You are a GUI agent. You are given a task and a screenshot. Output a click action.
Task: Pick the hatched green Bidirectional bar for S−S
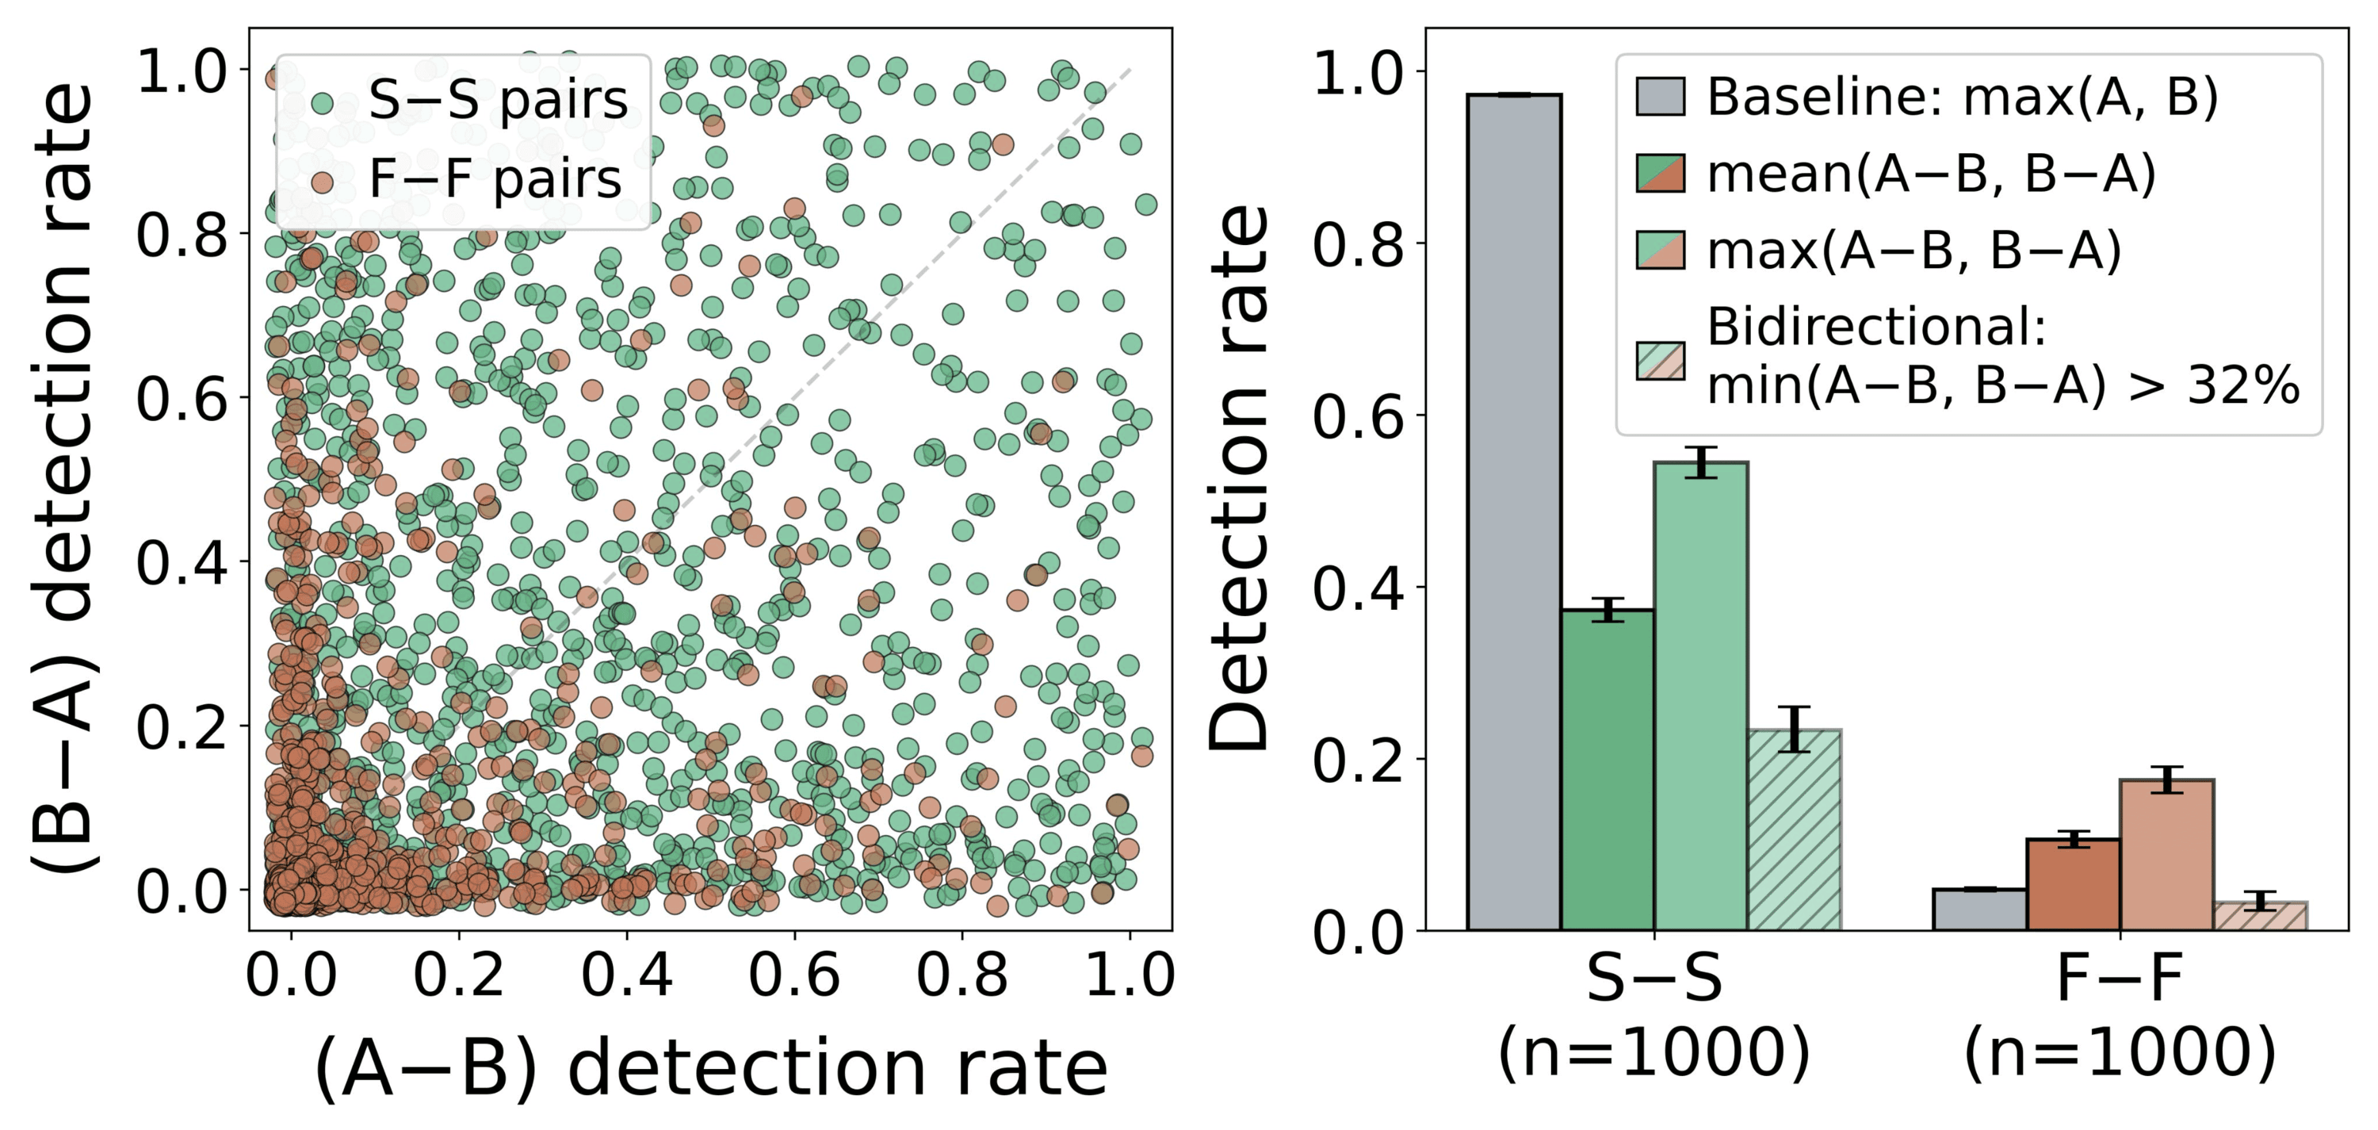pyautogui.click(x=1794, y=830)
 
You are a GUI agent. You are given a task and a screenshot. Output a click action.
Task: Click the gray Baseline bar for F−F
pyautogui.click(x=1980, y=910)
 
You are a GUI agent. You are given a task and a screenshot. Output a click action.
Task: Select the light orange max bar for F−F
pyautogui.click(x=2166, y=855)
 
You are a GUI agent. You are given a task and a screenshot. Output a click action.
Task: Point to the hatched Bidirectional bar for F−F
pyautogui.click(x=2260, y=916)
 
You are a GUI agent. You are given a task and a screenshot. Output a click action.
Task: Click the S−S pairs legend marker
pyautogui.click(x=322, y=102)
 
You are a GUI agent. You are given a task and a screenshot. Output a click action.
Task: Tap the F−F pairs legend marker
pyautogui.click(x=322, y=181)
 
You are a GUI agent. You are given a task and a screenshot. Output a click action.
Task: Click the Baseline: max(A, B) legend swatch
pyautogui.click(x=1660, y=96)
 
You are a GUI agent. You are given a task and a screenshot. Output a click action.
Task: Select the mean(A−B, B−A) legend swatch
pyautogui.click(x=1660, y=174)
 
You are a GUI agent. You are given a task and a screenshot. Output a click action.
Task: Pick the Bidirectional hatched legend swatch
pyautogui.click(x=1660, y=361)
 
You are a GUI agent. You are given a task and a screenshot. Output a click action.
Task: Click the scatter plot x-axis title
pyautogui.click(x=711, y=1068)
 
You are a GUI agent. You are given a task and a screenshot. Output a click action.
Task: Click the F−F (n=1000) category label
pyautogui.click(x=2120, y=1016)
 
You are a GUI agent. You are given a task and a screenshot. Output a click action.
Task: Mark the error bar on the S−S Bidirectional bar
pyautogui.click(x=1794, y=730)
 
